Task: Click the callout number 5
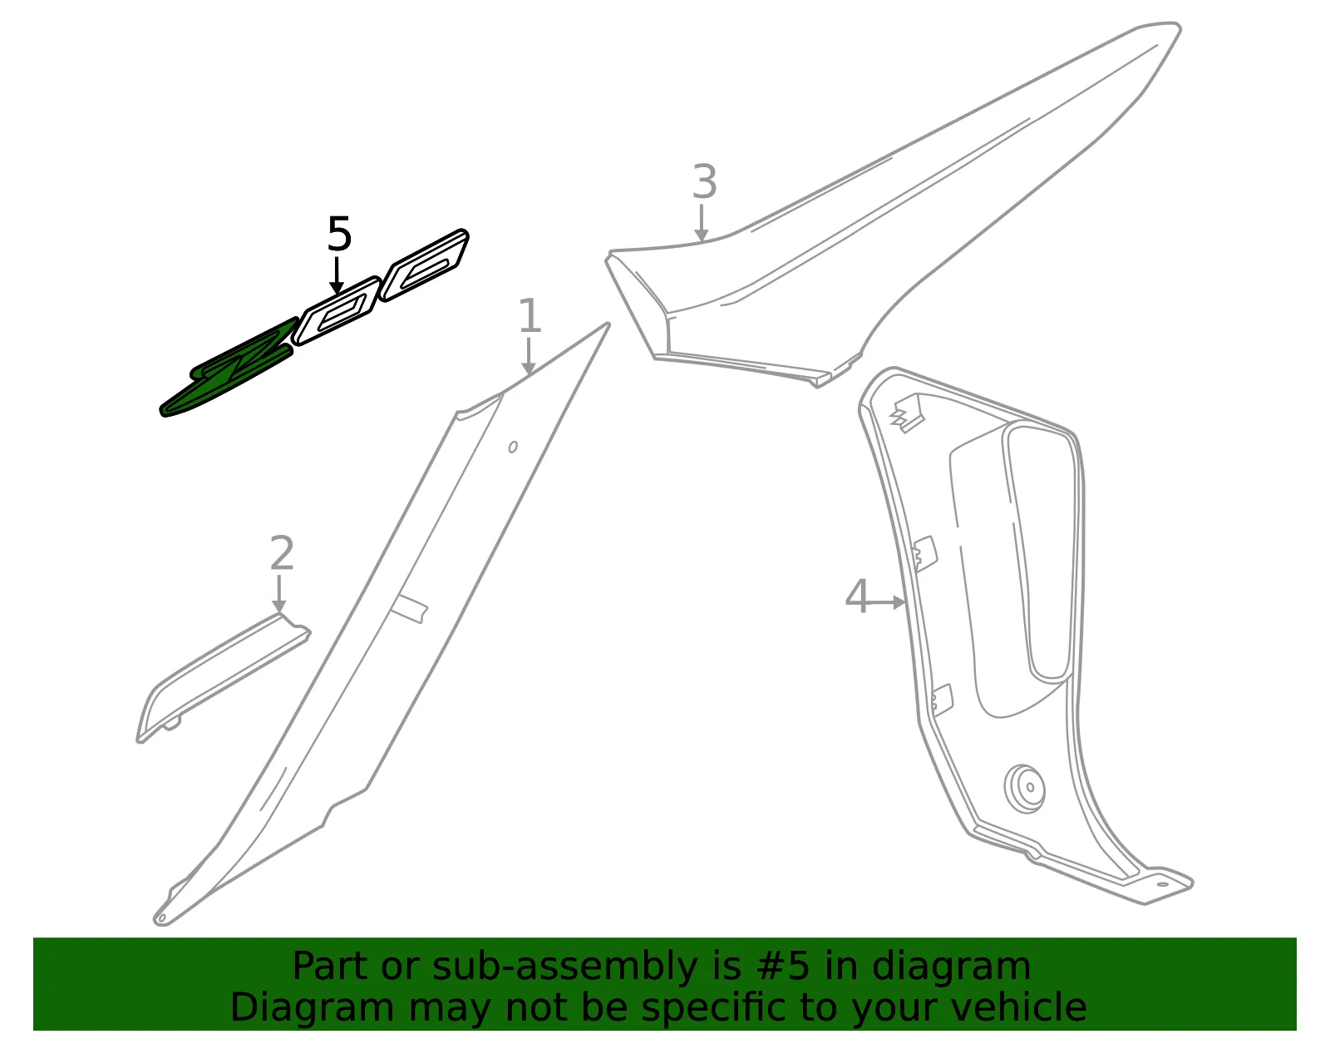pos(340,234)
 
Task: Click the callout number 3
pos(704,182)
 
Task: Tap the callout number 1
pos(530,315)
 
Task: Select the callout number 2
pos(282,553)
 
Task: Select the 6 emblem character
pos(424,265)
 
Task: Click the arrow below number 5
pos(336,275)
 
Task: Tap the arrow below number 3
pos(702,224)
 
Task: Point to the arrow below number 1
pos(528,356)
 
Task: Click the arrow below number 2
pos(279,593)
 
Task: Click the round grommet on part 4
pos(1024,789)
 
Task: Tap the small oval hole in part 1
pos(513,447)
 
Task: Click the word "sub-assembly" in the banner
pos(564,966)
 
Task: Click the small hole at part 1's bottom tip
pos(161,918)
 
